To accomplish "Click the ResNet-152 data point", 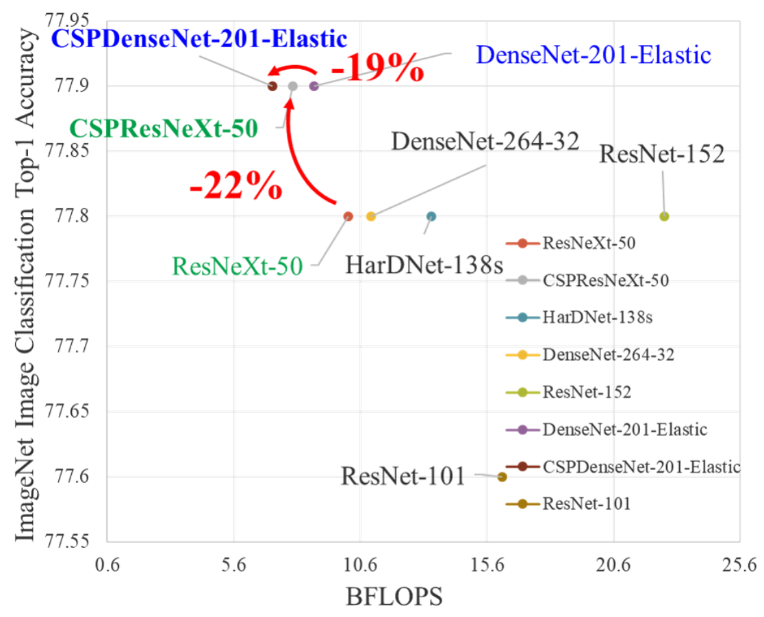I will pyautogui.click(x=663, y=216).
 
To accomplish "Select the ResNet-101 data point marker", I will pyautogui.click(x=502, y=477).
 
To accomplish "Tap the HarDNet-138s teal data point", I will pyautogui.click(x=431, y=216).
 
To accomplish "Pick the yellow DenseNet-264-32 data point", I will pyautogui.click(x=370, y=216).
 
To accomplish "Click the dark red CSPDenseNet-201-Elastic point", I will pyautogui.click(x=272, y=86).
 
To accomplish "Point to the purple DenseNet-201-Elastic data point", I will pyautogui.click(x=314, y=86).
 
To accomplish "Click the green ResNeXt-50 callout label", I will pyautogui.click(x=237, y=265).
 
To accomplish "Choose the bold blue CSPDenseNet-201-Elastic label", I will pyautogui.click(x=199, y=38).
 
